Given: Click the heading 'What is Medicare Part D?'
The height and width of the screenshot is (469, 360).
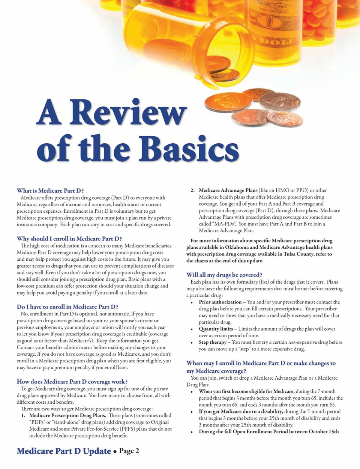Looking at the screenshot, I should pyautogui.click(x=50, y=191).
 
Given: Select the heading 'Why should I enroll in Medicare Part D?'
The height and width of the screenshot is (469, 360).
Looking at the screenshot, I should pyautogui.click(x=69, y=239).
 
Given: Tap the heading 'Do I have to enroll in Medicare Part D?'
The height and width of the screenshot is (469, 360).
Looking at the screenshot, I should pyautogui.click(x=67, y=307).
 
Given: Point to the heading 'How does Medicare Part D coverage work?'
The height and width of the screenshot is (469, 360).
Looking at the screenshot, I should pyautogui.click(x=72, y=382).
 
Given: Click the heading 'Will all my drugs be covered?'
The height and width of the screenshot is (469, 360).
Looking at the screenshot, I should pyautogui.click(x=224, y=275).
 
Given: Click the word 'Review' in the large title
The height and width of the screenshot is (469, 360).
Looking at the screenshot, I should pyautogui.click(x=127, y=113).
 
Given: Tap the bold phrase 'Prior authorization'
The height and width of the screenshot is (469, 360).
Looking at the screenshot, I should pyautogui.click(x=220, y=302).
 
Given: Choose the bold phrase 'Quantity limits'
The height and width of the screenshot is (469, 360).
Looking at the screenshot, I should pyautogui.click(x=216, y=329).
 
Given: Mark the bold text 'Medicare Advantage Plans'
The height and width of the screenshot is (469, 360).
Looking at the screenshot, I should pyautogui.click(x=228, y=190).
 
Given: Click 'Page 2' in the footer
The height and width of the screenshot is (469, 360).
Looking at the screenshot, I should pyautogui.click(x=129, y=451).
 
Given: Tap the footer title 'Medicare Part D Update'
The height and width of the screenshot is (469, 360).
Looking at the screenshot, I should pyautogui.click(x=64, y=451).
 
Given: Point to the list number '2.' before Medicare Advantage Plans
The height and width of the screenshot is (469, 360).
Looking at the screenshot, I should pyautogui.click(x=192, y=190).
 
